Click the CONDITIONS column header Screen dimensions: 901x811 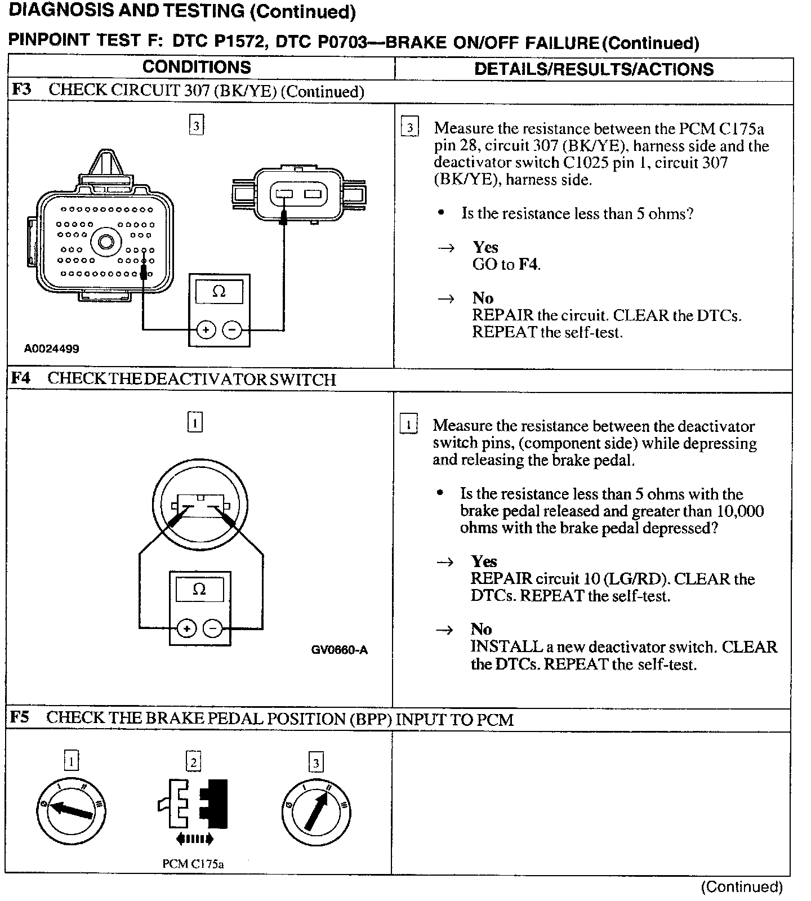(x=197, y=67)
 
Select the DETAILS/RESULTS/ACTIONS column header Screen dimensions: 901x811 (x=594, y=69)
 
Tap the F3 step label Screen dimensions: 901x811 (x=21, y=90)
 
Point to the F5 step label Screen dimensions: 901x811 (x=20, y=717)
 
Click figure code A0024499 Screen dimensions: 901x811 (x=51, y=349)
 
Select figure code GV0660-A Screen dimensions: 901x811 (x=339, y=650)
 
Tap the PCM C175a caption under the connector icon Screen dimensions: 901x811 (x=193, y=864)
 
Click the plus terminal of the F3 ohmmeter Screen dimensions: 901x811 (x=206, y=329)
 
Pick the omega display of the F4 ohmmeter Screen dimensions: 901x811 (x=199, y=589)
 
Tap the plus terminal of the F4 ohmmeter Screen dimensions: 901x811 (x=186, y=627)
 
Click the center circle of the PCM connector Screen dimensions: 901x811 (x=106, y=243)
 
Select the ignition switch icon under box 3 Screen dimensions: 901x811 (x=315, y=811)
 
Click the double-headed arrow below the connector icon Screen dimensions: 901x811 (x=194, y=839)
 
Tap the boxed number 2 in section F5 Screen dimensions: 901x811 (x=193, y=762)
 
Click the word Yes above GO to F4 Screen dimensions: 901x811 (x=485, y=247)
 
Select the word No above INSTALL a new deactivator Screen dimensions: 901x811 (x=481, y=629)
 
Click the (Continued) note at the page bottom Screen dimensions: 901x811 (x=742, y=887)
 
